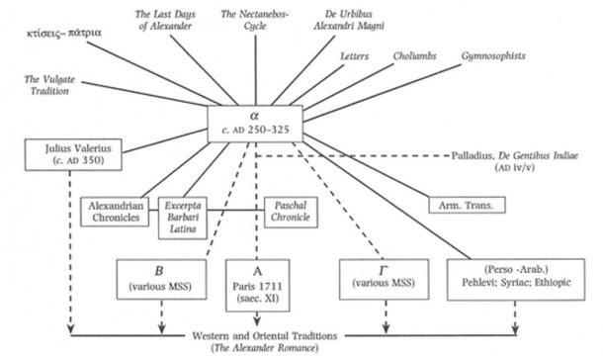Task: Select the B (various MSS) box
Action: coord(159,280)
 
